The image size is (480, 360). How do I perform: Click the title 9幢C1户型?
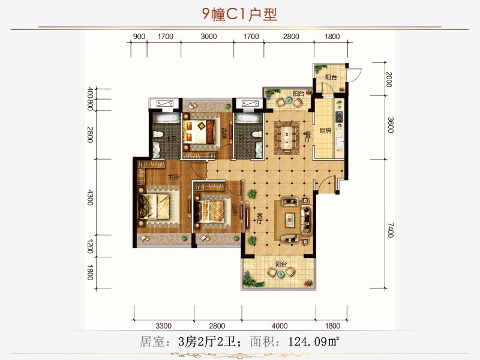239,14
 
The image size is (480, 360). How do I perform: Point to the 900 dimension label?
139,37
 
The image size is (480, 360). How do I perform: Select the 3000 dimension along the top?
208,37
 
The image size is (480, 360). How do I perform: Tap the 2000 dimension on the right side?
389,79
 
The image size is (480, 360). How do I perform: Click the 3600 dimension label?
389,125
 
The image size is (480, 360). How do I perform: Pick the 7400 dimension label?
389,230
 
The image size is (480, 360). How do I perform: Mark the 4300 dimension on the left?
90,198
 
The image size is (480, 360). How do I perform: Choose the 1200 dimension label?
90,247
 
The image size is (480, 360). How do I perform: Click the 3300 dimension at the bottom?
163,326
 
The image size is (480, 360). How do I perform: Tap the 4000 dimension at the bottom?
280,326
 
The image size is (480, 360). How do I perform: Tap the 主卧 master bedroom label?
174,177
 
